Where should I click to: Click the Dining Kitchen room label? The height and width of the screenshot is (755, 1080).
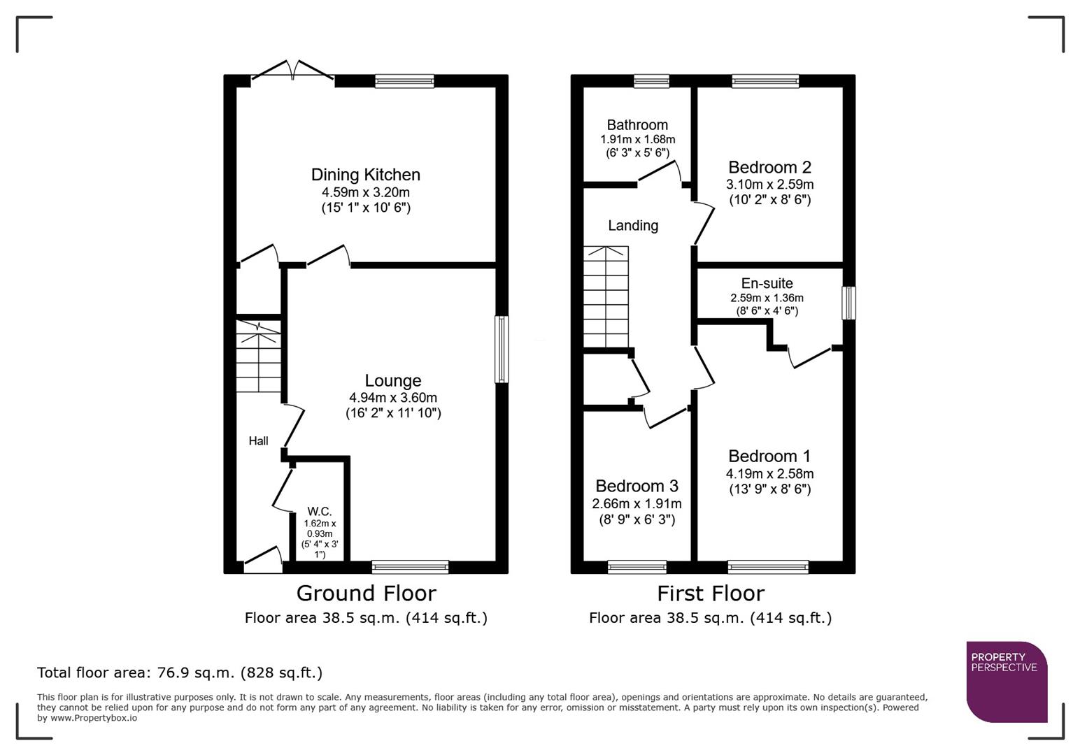coord(365,175)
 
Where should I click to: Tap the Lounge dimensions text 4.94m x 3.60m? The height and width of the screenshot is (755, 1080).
coord(392,398)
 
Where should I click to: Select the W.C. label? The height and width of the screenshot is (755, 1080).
coord(319,512)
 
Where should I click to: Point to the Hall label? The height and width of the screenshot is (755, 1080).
coord(258,441)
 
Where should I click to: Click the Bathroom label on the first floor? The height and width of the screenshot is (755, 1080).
coord(637,125)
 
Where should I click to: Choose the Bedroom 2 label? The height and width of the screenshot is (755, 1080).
coord(769,167)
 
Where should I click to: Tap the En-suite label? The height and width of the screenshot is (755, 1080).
coord(767,283)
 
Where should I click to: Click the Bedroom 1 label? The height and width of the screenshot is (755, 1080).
coord(769,456)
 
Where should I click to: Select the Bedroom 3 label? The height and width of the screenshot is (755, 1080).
coord(637,486)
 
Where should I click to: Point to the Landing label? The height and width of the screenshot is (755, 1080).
coord(632,226)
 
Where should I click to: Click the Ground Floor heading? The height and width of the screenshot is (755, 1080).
coord(366,594)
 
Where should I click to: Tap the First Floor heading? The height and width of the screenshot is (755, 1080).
coord(710,594)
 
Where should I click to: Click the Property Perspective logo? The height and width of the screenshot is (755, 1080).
coord(1006,681)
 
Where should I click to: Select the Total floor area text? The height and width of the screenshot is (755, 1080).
coord(180,673)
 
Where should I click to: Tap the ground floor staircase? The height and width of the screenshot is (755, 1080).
coord(258,357)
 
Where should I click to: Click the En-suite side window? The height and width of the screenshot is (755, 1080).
coord(848,303)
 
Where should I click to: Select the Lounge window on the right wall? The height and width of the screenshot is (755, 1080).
coord(502,350)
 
